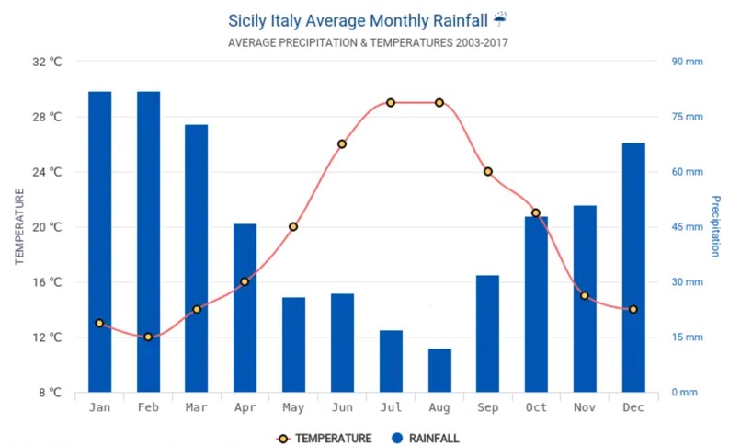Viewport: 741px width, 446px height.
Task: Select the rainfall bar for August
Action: click(x=439, y=370)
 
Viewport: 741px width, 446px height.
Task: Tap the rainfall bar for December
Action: click(x=633, y=267)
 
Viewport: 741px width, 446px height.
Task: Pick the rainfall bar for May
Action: click(x=293, y=344)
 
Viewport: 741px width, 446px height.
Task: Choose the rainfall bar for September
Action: click(x=487, y=333)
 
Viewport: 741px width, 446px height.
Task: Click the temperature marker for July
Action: click(x=391, y=102)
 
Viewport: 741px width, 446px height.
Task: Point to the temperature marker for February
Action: click(x=148, y=337)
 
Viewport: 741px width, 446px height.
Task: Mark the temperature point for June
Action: click(x=342, y=143)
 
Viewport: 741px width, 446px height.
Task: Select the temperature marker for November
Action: click(x=585, y=295)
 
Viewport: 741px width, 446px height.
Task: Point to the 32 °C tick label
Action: click(x=46, y=62)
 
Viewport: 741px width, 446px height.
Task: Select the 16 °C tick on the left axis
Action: click(x=46, y=282)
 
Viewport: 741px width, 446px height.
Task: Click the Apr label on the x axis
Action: click(x=245, y=407)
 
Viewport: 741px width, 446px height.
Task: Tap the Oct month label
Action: click(x=536, y=407)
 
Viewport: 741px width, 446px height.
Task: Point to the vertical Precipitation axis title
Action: click(x=714, y=226)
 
